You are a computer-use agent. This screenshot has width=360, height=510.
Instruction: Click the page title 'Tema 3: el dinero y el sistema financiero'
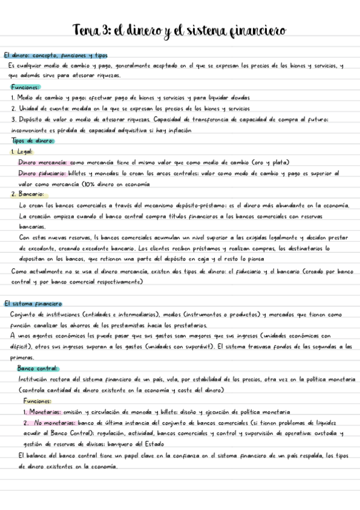pos(179,29)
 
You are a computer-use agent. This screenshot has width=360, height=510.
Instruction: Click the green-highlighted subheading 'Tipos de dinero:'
pos(33,141)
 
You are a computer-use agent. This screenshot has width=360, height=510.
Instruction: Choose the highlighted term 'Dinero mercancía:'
pos(43,162)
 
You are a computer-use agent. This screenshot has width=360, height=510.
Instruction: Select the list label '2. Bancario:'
pos(28,194)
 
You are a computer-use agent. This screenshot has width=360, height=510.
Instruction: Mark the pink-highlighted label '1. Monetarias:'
pos(43,412)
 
